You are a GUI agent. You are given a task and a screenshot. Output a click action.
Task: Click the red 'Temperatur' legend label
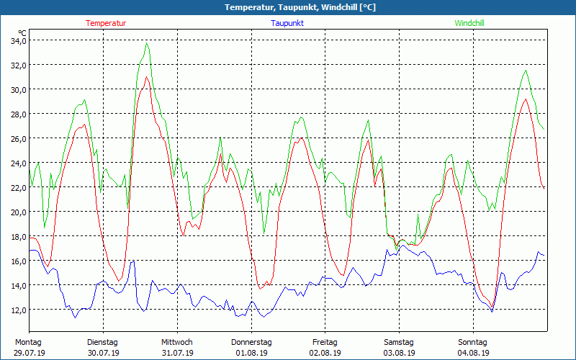(106, 23)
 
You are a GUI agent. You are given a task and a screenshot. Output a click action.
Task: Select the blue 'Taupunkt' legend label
(287, 23)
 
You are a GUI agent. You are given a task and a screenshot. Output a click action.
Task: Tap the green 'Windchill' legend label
(469, 23)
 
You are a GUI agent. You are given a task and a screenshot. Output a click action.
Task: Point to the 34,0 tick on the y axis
(17, 40)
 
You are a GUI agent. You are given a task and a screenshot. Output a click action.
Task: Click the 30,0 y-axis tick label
(17, 89)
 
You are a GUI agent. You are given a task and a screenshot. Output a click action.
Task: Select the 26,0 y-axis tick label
(17, 138)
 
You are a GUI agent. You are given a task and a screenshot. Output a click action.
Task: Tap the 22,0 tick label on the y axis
(17, 187)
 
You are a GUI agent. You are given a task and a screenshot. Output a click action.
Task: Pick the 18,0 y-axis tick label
(17, 236)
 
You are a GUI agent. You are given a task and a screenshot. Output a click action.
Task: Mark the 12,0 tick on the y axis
(17, 310)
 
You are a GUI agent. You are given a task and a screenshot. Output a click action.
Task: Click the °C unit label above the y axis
(23, 33)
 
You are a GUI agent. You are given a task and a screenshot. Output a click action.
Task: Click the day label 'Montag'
(29, 342)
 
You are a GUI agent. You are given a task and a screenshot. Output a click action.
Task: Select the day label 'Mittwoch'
(177, 342)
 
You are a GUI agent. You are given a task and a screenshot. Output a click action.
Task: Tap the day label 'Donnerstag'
(251, 342)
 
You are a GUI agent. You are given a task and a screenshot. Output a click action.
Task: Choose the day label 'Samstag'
(399, 342)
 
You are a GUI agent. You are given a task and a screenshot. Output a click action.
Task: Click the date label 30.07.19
(102, 353)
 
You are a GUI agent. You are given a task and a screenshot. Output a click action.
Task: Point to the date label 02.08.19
(325, 353)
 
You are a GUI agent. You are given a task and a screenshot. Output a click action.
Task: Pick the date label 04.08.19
(472, 353)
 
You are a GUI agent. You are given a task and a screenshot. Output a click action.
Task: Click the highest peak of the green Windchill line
(147, 43)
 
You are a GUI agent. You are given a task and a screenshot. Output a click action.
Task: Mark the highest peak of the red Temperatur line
(147, 77)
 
